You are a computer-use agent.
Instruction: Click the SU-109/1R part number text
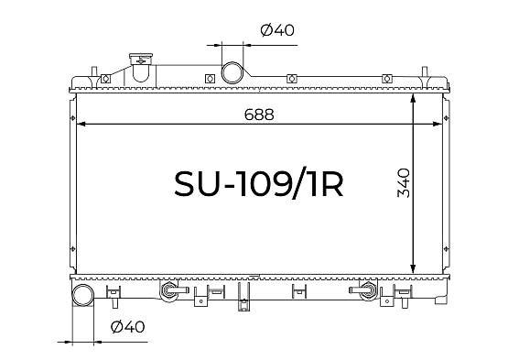tap(258, 184)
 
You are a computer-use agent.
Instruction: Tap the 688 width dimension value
tap(259, 115)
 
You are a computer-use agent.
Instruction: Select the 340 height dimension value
tap(404, 182)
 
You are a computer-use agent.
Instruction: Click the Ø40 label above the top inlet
tap(277, 30)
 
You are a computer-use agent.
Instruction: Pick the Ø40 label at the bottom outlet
tap(127, 327)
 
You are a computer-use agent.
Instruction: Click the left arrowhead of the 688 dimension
tap(81, 124)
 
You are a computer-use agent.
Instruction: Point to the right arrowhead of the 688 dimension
tap(438, 124)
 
